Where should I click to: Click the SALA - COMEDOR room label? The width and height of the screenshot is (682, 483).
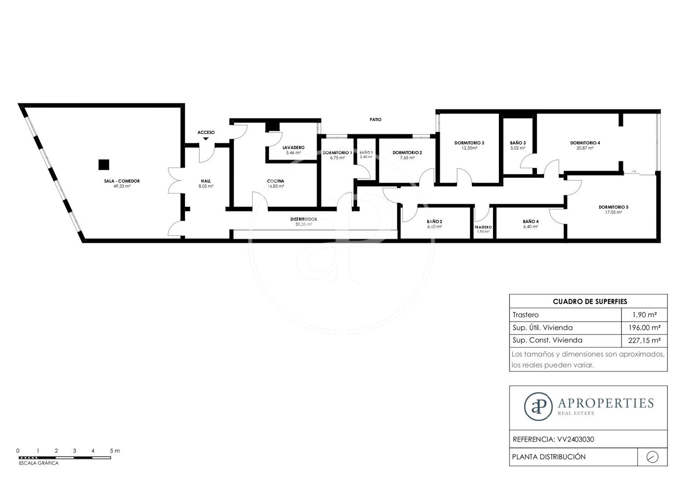pyautogui.click(x=122, y=181)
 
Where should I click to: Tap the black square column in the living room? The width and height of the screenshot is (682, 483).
pyautogui.click(x=104, y=164)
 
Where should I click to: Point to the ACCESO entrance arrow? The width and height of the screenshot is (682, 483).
pyautogui.click(x=206, y=138)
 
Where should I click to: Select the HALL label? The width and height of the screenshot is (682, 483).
pyautogui.click(x=206, y=181)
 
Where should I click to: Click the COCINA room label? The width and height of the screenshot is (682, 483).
pyautogui.click(x=276, y=181)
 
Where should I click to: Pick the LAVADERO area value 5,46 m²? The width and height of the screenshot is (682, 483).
pyautogui.click(x=293, y=153)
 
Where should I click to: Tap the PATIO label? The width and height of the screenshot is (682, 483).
pyautogui.click(x=376, y=119)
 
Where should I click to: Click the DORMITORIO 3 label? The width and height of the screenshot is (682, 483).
pyautogui.click(x=469, y=142)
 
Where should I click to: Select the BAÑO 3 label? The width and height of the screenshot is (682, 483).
pyautogui.click(x=518, y=142)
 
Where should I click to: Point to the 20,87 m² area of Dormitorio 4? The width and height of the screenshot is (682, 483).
pyautogui.click(x=585, y=148)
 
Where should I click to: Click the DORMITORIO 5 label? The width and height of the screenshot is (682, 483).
pyautogui.click(x=613, y=207)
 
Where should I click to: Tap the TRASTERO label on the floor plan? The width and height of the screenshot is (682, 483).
pyautogui.click(x=483, y=227)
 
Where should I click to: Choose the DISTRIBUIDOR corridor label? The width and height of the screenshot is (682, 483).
pyautogui.click(x=303, y=219)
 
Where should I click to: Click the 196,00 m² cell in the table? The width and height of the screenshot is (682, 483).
pyautogui.click(x=644, y=328)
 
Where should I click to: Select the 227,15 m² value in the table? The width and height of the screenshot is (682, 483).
pyautogui.click(x=644, y=341)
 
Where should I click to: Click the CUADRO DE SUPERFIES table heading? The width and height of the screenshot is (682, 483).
pyautogui.click(x=590, y=302)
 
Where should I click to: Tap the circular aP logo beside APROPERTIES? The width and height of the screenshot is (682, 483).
pyautogui.click(x=538, y=406)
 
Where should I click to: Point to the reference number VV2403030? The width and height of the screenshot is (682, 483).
pyautogui.click(x=576, y=439)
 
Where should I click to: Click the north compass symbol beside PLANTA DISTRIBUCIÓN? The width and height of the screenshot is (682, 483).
pyautogui.click(x=652, y=457)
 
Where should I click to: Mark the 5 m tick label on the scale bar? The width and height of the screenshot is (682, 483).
pyautogui.click(x=115, y=451)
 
